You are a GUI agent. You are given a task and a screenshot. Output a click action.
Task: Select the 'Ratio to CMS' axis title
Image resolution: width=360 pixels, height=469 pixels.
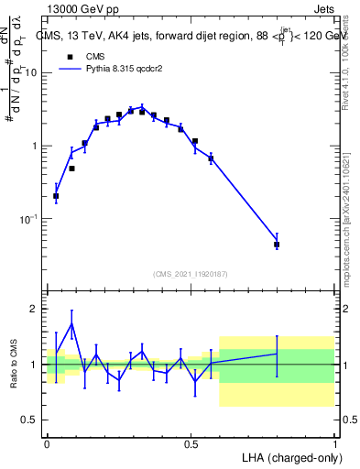tap(16, 364)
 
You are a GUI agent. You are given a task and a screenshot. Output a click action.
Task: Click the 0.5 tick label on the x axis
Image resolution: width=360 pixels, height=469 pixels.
tap(191, 444)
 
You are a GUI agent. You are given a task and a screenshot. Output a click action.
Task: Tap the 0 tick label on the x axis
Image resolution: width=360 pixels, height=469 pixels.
tap(47, 444)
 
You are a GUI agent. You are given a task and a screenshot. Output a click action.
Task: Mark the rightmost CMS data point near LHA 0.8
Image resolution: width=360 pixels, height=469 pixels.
tap(277, 245)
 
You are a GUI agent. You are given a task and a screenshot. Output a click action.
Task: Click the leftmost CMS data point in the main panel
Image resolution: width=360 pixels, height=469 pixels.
tap(56, 196)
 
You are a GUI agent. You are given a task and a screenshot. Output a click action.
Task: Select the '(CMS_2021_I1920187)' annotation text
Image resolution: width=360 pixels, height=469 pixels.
tap(191, 274)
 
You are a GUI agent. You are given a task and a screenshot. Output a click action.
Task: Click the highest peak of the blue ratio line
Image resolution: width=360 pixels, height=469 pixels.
tap(71, 323)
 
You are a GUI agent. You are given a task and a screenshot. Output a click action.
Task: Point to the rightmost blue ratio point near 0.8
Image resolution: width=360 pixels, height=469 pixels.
tap(277, 354)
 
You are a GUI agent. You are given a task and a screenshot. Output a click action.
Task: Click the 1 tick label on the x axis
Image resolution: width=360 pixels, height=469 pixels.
tap(334, 444)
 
